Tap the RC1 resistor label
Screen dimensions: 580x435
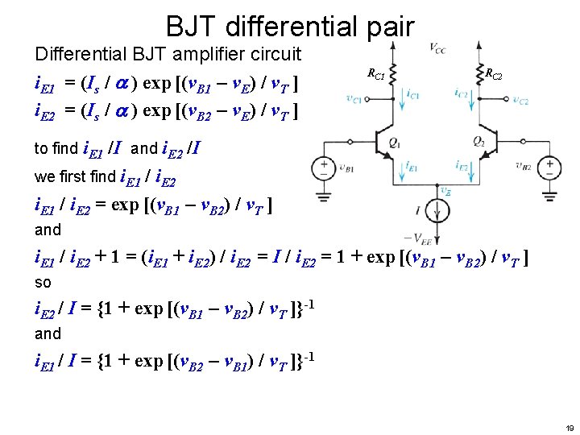[x=376, y=75]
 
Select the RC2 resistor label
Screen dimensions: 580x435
[x=493, y=75]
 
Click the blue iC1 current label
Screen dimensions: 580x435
[x=413, y=94]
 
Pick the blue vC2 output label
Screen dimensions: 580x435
[x=520, y=101]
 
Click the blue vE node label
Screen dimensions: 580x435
[x=445, y=191]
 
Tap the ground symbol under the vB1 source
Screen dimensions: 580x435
[x=325, y=196]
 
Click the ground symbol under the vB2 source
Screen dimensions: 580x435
[x=550, y=196]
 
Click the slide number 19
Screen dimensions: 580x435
[x=570, y=428]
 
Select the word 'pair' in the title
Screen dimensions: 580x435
[x=388, y=27]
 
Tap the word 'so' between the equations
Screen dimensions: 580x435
[x=43, y=284]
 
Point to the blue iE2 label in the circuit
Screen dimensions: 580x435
[x=462, y=166]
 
